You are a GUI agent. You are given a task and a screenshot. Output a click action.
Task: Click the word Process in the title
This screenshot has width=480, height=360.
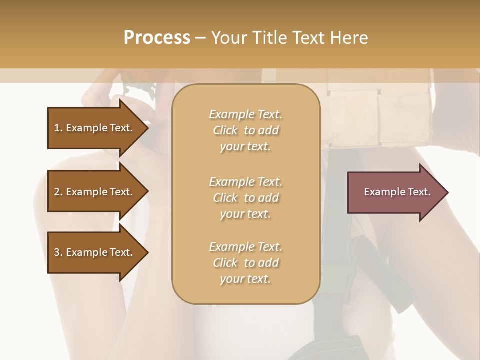pos(157,38)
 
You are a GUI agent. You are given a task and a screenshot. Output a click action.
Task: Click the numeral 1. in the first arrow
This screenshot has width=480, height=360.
pos(58,128)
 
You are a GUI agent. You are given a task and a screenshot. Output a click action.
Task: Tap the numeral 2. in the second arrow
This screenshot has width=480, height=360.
pos(58,192)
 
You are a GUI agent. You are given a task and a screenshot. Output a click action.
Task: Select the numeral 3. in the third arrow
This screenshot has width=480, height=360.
pos(58,252)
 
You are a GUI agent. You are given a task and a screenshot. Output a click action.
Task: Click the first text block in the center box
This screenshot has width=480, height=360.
pos(245,130)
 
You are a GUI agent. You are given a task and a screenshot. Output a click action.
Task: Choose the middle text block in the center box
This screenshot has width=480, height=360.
pos(245,198)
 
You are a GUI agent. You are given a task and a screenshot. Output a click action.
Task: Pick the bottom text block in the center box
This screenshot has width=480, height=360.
pos(245,263)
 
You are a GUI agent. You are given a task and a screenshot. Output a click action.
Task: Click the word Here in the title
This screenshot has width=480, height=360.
pos(349,38)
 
